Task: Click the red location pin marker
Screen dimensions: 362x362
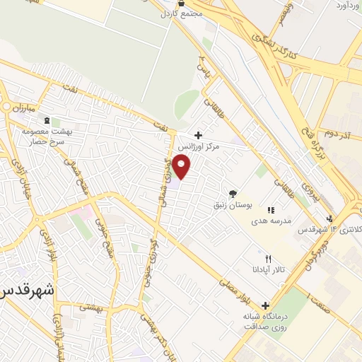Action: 182,167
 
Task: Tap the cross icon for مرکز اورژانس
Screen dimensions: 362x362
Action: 198,134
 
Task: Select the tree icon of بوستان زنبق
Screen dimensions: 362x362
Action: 232,193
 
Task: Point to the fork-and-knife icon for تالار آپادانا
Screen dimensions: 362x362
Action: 267,258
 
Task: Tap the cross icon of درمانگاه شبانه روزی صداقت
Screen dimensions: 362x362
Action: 265,306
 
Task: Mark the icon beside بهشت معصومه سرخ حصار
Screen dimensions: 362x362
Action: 47,121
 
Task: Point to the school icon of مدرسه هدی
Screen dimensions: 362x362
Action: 270,209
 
